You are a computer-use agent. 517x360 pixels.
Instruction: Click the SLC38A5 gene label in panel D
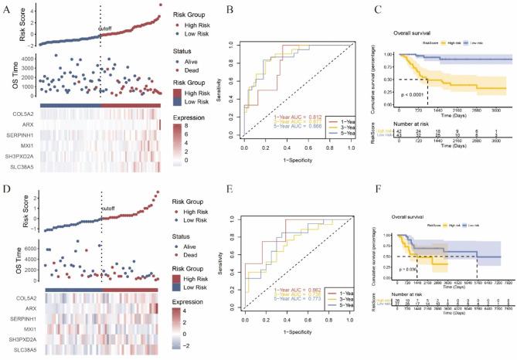(22, 352)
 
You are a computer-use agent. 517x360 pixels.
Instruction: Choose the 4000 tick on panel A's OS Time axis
(26, 57)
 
